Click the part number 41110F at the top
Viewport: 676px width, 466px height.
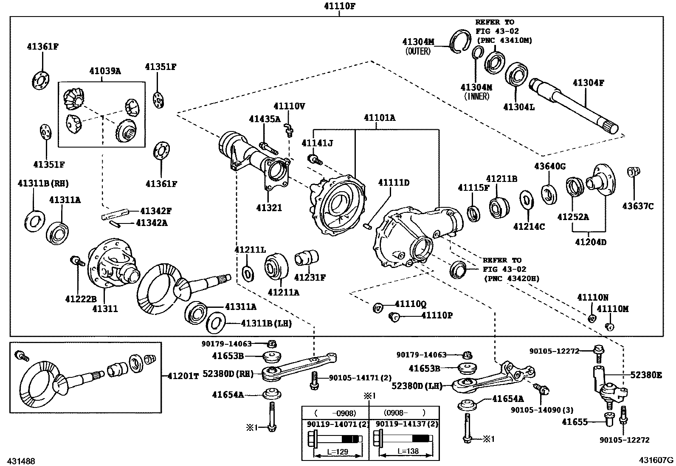[340, 6]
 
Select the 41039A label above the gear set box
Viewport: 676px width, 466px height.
[105, 71]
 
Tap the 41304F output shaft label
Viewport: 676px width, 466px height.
[589, 83]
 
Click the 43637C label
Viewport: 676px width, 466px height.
[638, 206]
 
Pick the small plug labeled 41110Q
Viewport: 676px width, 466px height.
[378, 308]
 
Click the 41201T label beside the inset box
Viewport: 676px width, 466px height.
[183, 376]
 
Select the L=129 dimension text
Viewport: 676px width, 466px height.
[338, 452]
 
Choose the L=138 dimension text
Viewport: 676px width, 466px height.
[408, 451]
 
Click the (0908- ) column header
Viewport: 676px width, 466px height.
[404, 412]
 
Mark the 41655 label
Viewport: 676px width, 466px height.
[575, 422]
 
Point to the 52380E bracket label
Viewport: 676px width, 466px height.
[646, 375]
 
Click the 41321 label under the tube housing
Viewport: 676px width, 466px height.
[269, 208]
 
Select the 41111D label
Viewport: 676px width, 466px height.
[394, 183]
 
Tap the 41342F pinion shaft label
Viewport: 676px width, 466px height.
[156, 211]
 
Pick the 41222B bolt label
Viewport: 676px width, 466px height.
[81, 299]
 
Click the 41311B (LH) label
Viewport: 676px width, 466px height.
[266, 324]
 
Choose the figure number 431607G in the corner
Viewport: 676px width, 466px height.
[656, 460]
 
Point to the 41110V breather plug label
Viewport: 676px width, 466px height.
[290, 106]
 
